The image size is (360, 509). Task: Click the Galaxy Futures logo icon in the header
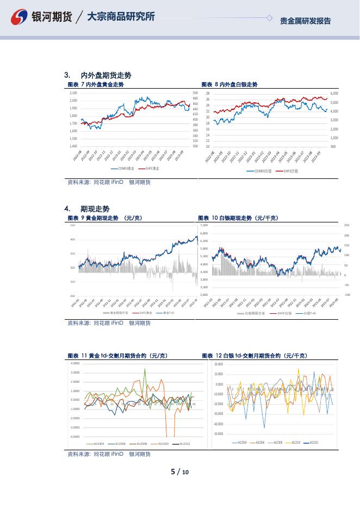click(20, 17)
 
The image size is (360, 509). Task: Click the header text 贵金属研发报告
click(305, 21)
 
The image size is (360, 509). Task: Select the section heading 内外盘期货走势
click(105, 75)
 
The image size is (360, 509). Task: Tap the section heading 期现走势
click(95, 209)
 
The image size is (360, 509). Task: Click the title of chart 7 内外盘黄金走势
click(95, 85)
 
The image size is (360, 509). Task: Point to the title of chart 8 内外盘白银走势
click(229, 85)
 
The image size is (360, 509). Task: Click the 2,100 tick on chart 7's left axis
click(73, 93)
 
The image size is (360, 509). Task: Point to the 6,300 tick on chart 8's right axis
click(334, 94)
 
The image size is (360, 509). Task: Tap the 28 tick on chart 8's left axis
click(207, 94)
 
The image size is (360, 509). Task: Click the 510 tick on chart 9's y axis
click(72, 225)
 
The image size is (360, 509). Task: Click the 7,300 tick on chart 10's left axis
click(204, 225)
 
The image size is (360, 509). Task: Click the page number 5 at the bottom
click(173, 471)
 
